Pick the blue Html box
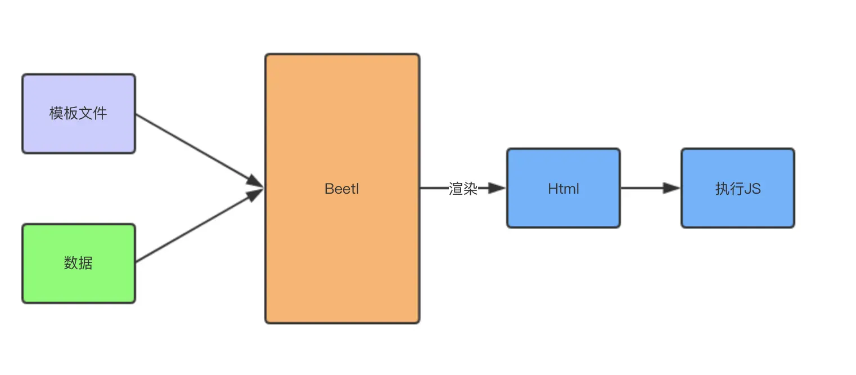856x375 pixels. coord(563,208)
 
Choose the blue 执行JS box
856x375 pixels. coord(737,208)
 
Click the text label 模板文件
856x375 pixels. coord(78,114)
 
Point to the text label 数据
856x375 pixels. coord(78,263)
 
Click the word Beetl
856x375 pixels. coord(342,189)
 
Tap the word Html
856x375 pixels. coord(563,189)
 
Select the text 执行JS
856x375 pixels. coord(737,189)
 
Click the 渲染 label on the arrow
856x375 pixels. coord(463,189)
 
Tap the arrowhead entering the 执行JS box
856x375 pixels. coord(672,188)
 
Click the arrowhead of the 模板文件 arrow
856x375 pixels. coord(256,182)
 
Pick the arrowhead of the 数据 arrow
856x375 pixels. coord(256,194)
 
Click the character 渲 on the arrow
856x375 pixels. coord(456,189)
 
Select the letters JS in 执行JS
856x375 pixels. coord(752,189)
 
